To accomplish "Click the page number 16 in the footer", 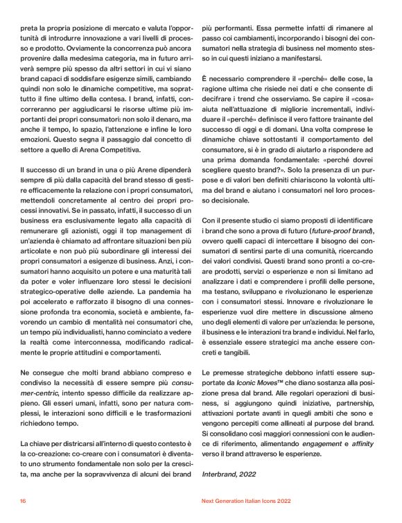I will (x=23, y=499).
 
